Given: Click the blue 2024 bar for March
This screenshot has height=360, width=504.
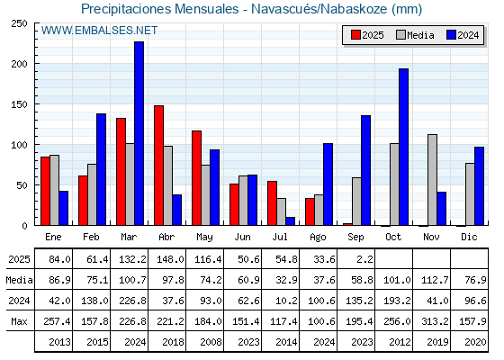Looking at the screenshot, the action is point(139,133).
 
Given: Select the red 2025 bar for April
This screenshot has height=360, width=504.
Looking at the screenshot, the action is point(158,166).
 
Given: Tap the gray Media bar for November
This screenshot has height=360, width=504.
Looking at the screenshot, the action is point(432,180).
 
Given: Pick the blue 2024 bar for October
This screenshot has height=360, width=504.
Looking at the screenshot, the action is point(404,147).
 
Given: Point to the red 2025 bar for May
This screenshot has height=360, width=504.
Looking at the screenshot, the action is point(197,178).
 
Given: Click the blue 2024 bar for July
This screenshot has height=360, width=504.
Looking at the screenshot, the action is point(290,221).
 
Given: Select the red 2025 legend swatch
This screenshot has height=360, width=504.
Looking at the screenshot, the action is point(355,35).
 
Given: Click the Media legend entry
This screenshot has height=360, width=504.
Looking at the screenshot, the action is point(415,35).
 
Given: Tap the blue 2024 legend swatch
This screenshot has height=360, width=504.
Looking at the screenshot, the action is point(452,35).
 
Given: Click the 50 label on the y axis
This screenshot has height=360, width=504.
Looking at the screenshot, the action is point(22,185).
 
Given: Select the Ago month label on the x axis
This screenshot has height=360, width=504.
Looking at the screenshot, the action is point(318,238).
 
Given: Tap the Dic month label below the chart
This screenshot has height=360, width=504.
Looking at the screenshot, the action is point(469,237).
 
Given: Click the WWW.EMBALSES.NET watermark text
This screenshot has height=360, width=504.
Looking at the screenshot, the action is point(99,31).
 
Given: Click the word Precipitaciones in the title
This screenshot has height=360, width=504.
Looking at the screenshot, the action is point(126,9).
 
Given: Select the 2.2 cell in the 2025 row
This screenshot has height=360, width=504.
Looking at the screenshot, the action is point(364,259).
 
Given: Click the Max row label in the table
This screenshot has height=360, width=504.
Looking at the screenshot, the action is point(19,321).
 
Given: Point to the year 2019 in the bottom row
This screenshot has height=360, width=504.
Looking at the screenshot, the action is point(437,342).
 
